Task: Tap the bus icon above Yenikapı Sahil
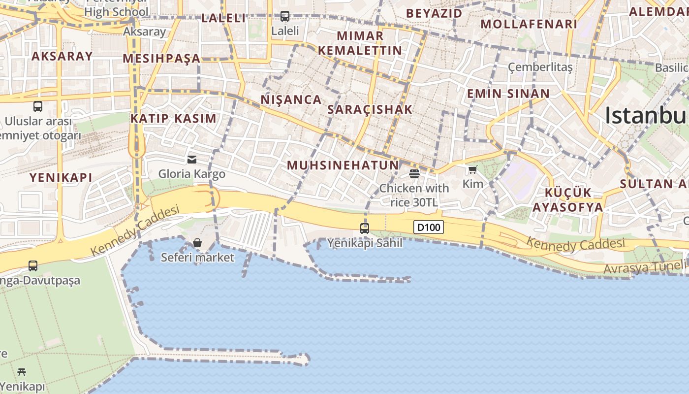click(x=365, y=228)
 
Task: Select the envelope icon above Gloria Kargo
click(x=191, y=159)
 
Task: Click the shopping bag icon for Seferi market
click(x=197, y=243)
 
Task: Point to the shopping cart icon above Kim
click(x=473, y=170)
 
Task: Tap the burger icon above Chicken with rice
click(x=414, y=173)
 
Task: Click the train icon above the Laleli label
click(x=285, y=16)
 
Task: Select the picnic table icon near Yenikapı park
click(x=22, y=372)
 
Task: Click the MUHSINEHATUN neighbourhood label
click(x=343, y=165)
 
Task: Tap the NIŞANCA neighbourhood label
click(x=291, y=99)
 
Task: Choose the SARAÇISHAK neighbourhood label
click(x=370, y=109)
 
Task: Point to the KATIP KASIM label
click(x=173, y=118)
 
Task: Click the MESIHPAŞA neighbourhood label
click(x=161, y=59)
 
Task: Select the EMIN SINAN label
click(x=508, y=94)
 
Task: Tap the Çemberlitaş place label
click(x=540, y=66)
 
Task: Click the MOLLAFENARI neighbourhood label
click(x=529, y=24)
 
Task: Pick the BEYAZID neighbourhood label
click(x=435, y=13)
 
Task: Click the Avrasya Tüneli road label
click(x=644, y=267)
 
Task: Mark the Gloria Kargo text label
click(x=191, y=174)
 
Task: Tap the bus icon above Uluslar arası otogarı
click(x=38, y=106)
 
